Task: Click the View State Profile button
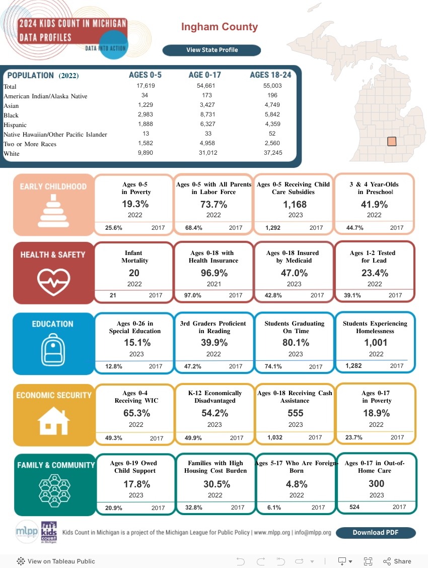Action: pos(211,50)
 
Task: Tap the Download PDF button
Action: pos(376,533)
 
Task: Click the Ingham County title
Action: pos(220,27)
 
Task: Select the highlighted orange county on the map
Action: pos(392,142)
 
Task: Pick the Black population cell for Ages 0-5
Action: pos(145,115)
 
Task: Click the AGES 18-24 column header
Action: pos(270,75)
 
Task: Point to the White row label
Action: pos(12,153)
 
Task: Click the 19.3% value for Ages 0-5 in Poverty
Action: pos(135,205)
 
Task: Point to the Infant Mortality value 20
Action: pos(134,273)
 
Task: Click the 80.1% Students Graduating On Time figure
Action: pos(296,343)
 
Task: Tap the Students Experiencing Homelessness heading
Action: pos(375,327)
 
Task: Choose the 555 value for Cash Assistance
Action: pos(296,413)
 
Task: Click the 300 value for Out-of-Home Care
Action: pos(376,484)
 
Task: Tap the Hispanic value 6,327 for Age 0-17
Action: pos(205,124)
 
